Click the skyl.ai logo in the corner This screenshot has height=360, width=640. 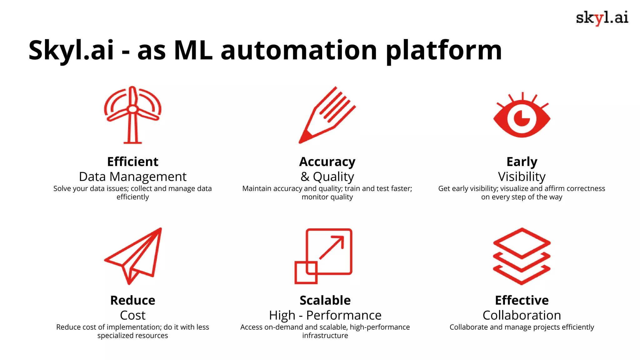[x=602, y=18]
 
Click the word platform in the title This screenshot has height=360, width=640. [x=444, y=51]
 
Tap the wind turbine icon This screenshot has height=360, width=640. [x=133, y=115]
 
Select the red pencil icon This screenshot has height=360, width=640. [x=327, y=115]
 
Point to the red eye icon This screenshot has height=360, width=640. [x=522, y=118]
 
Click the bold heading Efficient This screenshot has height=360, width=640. [x=133, y=162]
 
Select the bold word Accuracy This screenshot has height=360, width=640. [x=327, y=162]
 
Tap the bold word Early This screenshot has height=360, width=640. [x=522, y=162]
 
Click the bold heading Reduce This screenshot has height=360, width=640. [x=133, y=300]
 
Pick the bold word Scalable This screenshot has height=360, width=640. [x=325, y=300]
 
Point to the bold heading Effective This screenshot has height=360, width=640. [x=522, y=300]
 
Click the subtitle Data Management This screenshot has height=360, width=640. [x=133, y=177]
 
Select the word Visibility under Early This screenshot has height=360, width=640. [x=522, y=177]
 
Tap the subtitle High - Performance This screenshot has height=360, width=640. [x=325, y=315]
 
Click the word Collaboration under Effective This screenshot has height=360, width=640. [x=522, y=315]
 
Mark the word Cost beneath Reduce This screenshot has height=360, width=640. [x=133, y=315]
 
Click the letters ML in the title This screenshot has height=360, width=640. [x=193, y=51]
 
